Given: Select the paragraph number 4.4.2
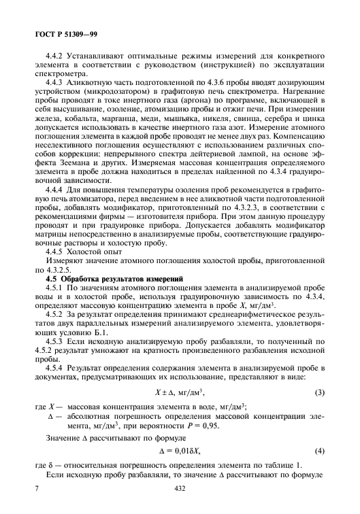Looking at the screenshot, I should tap(55, 58).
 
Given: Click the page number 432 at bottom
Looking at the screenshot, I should tap(180, 488).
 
